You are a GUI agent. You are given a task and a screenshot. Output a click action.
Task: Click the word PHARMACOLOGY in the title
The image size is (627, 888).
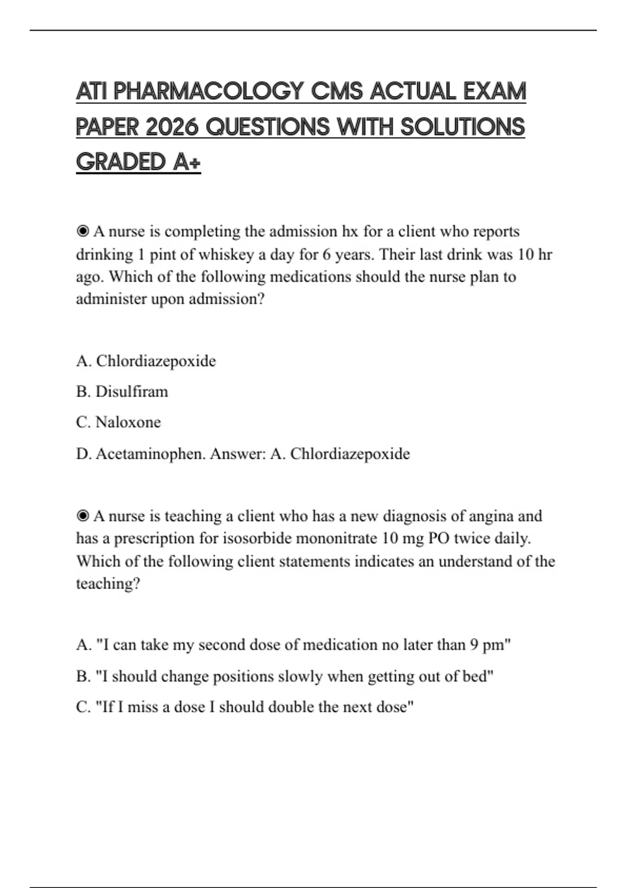208,92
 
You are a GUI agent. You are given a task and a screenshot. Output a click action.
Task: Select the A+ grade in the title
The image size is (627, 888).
187,162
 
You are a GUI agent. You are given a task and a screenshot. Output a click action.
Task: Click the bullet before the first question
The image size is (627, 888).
83,231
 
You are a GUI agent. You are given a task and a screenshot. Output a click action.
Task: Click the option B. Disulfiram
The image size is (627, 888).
122,391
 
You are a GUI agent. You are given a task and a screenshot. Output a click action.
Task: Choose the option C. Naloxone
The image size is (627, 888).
119,422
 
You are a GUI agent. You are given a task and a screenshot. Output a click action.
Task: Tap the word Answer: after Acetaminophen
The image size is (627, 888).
238,453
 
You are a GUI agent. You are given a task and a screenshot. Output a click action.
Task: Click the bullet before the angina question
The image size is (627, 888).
83,516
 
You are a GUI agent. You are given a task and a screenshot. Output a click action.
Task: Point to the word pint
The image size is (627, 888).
163,254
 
